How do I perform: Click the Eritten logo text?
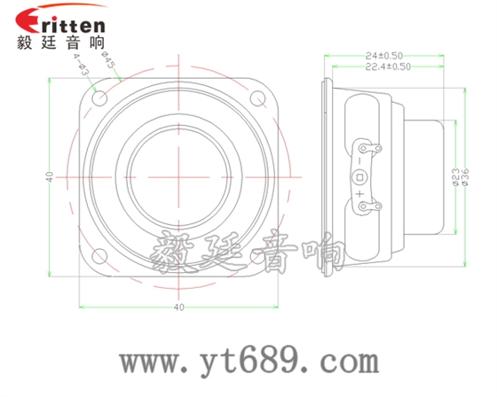click(x=60, y=22)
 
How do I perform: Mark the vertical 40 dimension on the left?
click(x=51, y=177)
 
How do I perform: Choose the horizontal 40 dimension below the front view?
click(x=180, y=307)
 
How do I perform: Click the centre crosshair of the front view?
click(x=181, y=176)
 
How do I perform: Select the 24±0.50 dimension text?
click(x=384, y=55)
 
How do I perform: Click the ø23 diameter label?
click(x=455, y=177)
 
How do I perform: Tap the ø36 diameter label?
click(x=467, y=177)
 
